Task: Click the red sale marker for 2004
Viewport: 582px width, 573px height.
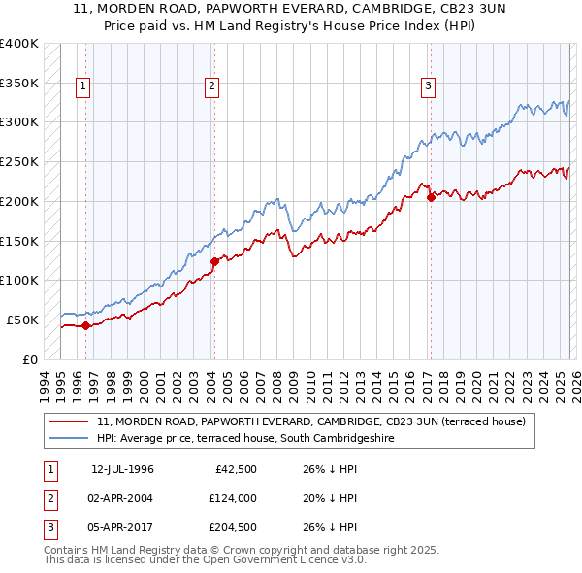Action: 214,260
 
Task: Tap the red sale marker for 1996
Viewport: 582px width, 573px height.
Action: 85,325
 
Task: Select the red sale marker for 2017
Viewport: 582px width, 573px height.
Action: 431,197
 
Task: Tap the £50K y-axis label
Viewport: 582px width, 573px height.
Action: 22,320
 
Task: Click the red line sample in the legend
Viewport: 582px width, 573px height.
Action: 69,422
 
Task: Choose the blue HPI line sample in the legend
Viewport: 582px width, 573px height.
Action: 69,438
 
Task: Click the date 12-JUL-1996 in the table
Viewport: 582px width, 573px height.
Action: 122,469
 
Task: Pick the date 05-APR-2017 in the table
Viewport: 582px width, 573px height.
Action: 122,527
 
